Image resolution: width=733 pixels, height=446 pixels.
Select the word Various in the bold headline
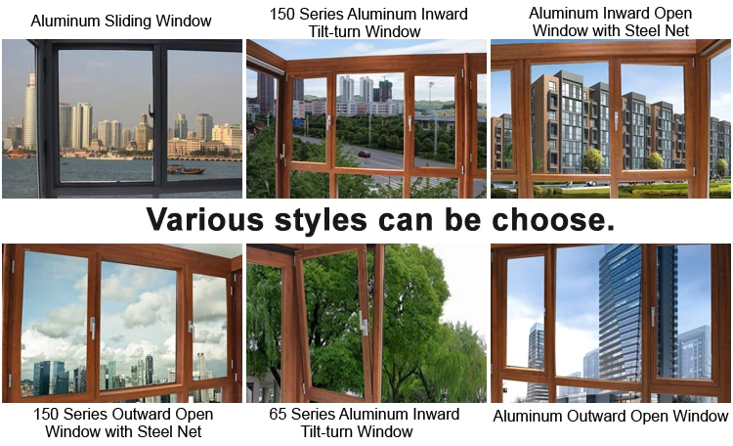tap(205, 219)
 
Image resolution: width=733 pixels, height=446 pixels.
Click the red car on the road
tap(365, 154)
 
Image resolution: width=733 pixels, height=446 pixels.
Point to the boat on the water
tap(186, 169)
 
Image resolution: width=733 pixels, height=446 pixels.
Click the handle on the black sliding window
tap(151, 112)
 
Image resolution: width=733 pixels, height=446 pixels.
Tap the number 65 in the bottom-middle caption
tap(278, 414)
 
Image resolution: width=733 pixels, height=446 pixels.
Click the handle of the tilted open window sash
tap(364, 323)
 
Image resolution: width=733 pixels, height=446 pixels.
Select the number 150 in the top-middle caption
tap(281, 14)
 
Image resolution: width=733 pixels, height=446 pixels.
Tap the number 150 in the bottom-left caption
tap(45, 414)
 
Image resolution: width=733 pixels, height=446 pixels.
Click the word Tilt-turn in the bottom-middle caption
tap(331, 431)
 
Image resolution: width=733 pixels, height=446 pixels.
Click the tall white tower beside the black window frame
tap(29, 112)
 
